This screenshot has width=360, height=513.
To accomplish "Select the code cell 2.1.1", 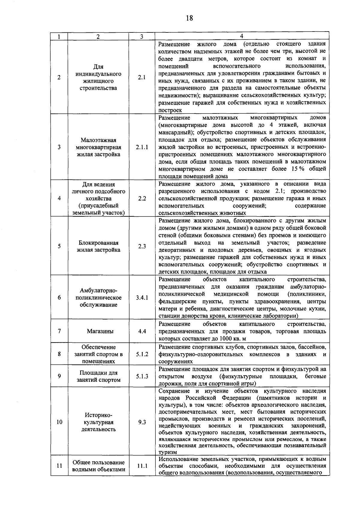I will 142,147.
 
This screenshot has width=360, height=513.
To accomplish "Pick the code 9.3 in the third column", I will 142,422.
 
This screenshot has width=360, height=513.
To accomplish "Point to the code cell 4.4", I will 142,331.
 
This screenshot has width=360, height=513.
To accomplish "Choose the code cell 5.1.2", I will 142,354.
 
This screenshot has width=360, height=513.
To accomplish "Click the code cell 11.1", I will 142,466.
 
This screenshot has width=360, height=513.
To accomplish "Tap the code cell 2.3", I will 142,246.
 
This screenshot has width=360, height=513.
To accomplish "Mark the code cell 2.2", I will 142,198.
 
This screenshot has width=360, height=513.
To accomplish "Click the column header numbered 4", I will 241,36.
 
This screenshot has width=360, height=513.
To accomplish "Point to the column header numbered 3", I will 142,37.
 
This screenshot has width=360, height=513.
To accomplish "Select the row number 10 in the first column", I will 59,422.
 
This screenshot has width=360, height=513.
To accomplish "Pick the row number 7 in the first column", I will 59,331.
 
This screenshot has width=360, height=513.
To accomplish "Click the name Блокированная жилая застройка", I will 99,246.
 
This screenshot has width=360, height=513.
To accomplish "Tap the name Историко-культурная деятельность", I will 99,422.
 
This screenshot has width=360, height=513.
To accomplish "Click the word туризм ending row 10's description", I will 168,452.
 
